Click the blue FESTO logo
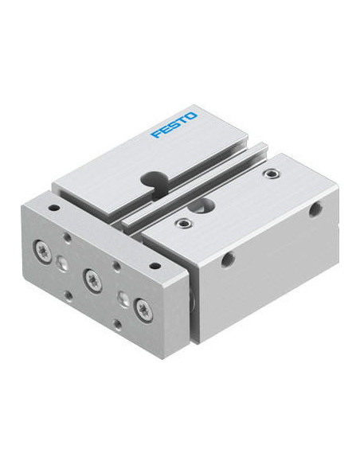pyautogui.click(x=174, y=125)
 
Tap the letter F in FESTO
pyautogui.click(x=157, y=134)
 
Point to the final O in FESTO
pyautogui.click(x=191, y=116)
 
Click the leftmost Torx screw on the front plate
pyautogui.click(x=41, y=248)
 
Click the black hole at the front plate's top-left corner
pyautogui.click(x=53, y=207)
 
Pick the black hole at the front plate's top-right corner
pyautogui.click(x=154, y=266)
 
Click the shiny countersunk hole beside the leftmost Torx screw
pyautogui.click(x=61, y=263)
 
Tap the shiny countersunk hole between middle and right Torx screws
pyautogui.click(x=123, y=298)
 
